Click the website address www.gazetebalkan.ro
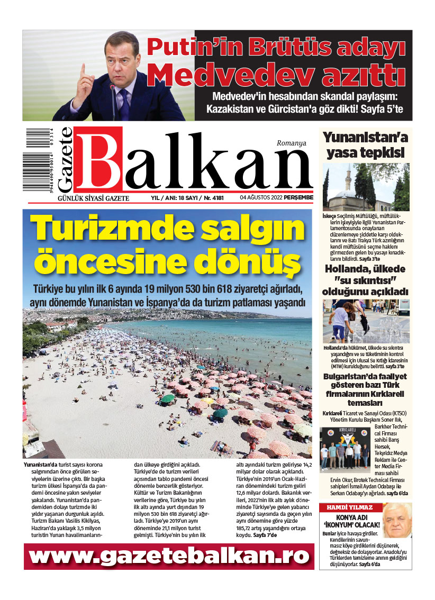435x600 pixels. click(x=168, y=556)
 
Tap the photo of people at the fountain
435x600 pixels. click(x=366, y=322)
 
